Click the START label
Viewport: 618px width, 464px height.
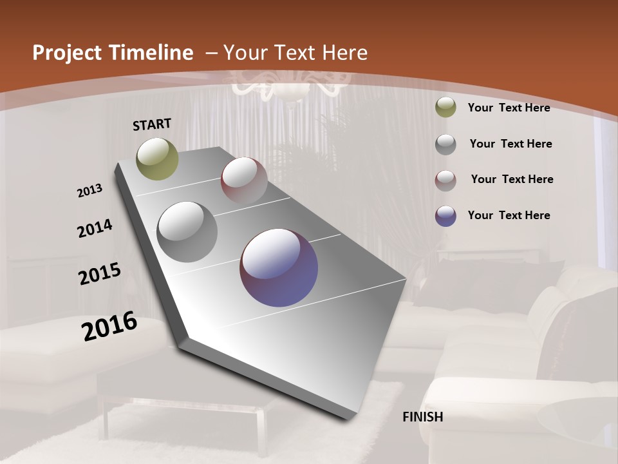click(x=152, y=124)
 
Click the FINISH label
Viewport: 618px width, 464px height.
click(x=423, y=417)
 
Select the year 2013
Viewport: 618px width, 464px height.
click(x=90, y=191)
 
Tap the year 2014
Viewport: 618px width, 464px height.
click(x=95, y=229)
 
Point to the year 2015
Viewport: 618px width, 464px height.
click(x=100, y=274)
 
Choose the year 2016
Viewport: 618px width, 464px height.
click(x=109, y=325)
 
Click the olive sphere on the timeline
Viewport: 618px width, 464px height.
click(x=158, y=159)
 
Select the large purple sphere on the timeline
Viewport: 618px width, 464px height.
click(x=279, y=267)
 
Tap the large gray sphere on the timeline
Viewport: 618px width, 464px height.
click(x=187, y=232)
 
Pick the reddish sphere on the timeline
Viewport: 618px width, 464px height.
click(x=244, y=180)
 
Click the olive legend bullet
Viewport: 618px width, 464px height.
click(x=445, y=107)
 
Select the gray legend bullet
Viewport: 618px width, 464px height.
click(x=445, y=144)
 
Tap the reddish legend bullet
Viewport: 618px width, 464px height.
click(x=445, y=180)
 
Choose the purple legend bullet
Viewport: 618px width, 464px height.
click(x=445, y=215)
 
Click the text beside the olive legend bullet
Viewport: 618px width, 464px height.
click(x=509, y=108)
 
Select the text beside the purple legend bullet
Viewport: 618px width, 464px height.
click(x=509, y=215)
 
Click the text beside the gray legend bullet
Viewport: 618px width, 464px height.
click(x=511, y=144)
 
